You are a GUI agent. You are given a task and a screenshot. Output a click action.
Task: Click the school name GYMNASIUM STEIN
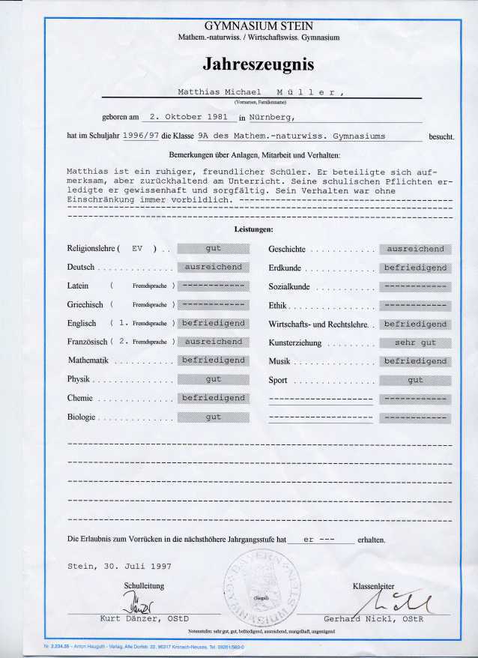tap(258, 25)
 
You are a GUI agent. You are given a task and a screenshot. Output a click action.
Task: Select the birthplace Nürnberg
tap(273, 117)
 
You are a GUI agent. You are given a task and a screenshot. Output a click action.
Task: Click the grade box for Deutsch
tap(214, 268)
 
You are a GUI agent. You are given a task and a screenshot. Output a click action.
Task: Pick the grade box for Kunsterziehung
tap(415, 342)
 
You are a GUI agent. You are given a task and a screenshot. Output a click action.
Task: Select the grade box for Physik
tap(214, 379)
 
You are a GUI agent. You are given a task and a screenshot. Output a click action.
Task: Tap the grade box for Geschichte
tap(415, 249)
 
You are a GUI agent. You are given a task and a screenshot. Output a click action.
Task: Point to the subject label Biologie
tap(81, 417)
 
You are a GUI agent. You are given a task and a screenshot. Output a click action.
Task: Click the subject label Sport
tap(278, 380)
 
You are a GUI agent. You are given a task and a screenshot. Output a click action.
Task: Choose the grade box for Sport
tap(415, 380)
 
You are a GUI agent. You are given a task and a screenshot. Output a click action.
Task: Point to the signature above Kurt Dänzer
tap(139, 601)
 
